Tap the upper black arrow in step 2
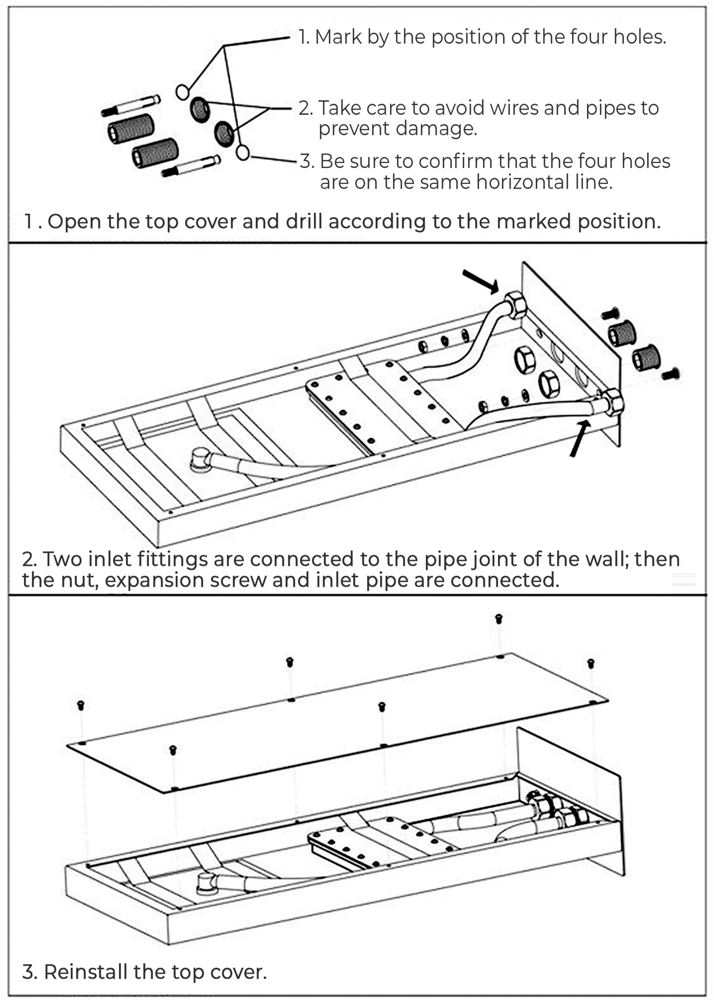coord(481,281)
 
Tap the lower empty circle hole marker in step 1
coord(243,153)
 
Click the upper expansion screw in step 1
coord(131,105)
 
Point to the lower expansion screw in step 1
coord(191,166)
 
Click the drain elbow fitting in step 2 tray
coord(202,460)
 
